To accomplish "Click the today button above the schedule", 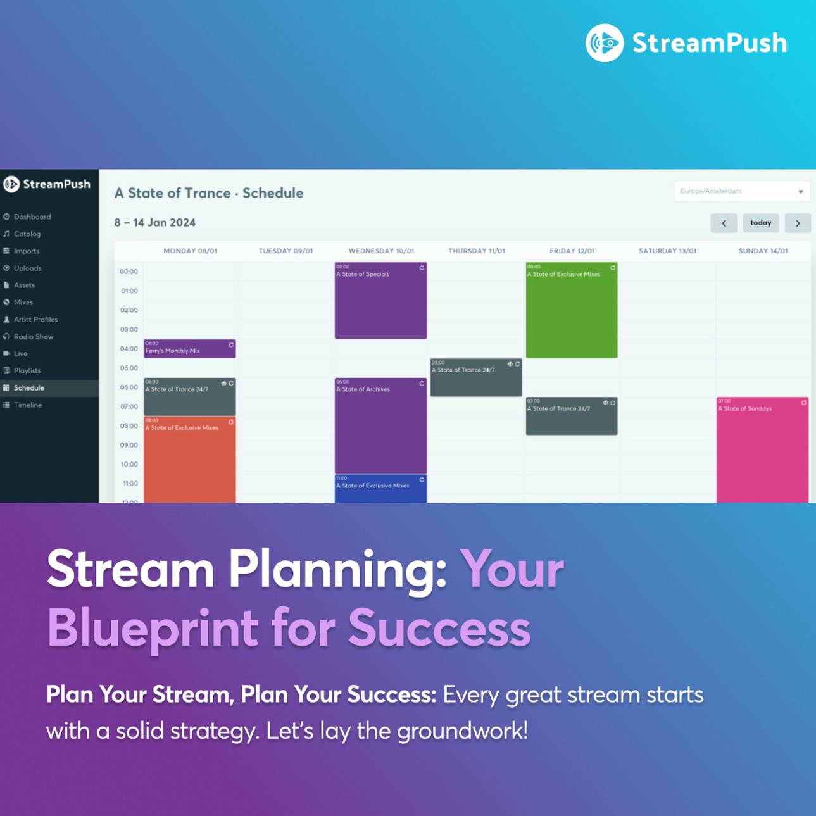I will (x=760, y=223).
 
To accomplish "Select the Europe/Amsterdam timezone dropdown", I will (x=741, y=191).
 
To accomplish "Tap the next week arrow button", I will (x=798, y=223).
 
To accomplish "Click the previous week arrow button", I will (x=724, y=223).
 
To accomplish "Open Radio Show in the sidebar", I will (x=33, y=337).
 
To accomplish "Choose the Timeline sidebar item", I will (x=28, y=405).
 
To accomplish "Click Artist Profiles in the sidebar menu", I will (x=35, y=320).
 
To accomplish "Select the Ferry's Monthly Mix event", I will (x=189, y=349).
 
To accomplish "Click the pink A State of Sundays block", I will (x=762, y=449).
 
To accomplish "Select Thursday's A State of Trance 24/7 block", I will (x=476, y=378).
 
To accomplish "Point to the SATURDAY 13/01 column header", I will (x=667, y=251).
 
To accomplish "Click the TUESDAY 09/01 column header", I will (x=286, y=251).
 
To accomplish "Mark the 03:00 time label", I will (x=129, y=330).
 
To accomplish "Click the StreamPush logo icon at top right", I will (x=605, y=43).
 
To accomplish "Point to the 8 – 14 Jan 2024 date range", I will (x=155, y=223).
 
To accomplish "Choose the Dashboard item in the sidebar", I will (x=32, y=217).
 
